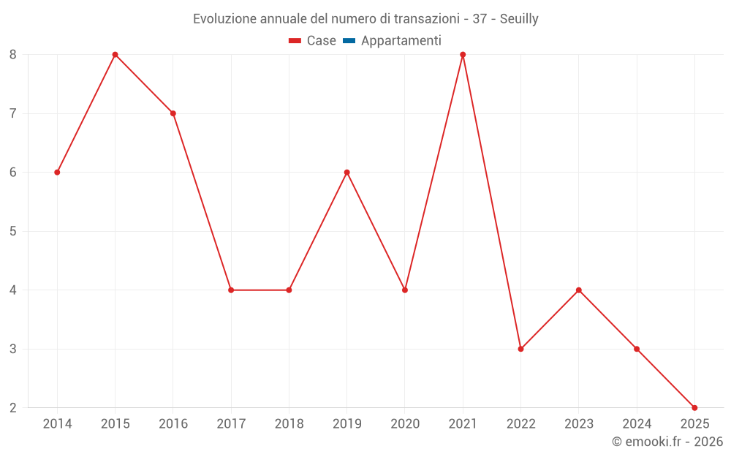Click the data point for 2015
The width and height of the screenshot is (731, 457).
click(115, 55)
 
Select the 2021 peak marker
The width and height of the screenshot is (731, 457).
click(463, 55)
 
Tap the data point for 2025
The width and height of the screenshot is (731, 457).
click(694, 407)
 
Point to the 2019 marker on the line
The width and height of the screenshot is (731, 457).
click(346, 173)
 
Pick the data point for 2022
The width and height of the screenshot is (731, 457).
click(520, 349)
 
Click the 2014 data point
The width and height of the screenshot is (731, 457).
click(57, 173)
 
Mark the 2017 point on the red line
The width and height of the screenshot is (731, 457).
click(231, 290)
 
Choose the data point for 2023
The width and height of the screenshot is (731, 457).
click(578, 290)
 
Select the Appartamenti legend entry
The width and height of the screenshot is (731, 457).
click(401, 41)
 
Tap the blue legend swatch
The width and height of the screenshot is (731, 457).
click(349, 41)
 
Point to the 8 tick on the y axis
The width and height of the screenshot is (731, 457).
click(13, 55)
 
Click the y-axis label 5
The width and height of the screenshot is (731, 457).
click(13, 231)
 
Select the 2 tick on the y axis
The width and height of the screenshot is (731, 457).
click(13, 407)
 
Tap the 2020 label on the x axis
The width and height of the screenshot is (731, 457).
click(405, 423)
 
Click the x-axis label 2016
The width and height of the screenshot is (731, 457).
click(173, 423)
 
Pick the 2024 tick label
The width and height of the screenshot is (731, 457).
click(637, 423)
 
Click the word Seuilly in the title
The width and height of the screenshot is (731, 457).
click(519, 19)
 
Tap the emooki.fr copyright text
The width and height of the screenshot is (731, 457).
click(667, 442)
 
